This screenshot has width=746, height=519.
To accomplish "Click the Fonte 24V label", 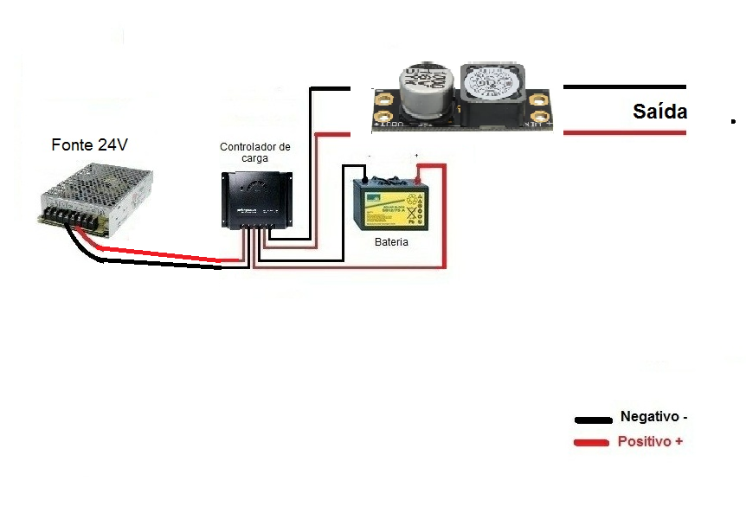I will coord(89,144).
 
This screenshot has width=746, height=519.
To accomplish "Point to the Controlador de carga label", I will coord(255,152).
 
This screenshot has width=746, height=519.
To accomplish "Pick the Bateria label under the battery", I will coord(391,242).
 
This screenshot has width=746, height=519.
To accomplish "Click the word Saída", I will coord(659,112).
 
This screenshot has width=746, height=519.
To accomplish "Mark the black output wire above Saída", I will coord(624,86).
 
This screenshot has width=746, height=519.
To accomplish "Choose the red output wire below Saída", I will coord(624,132).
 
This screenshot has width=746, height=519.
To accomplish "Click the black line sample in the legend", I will coord(594,420).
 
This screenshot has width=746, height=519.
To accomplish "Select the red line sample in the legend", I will coord(594,444).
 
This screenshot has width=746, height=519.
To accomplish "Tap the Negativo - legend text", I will coord(653,417).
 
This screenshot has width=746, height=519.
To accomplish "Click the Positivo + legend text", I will coord(650,441).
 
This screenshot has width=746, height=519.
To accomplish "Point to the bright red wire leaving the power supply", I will coord(164,254).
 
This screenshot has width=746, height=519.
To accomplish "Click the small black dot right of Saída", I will coord(732,122).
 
